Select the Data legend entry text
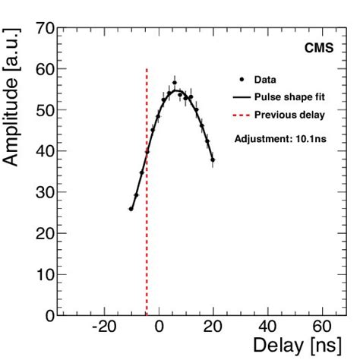point(266,79)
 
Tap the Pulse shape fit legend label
point(289,97)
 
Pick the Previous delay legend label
point(289,115)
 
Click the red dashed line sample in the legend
point(242,115)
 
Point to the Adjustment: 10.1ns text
point(280,140)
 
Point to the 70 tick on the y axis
point(44,29)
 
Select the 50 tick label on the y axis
point(44,111)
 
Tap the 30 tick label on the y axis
point(44,193)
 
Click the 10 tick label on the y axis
point(44,274)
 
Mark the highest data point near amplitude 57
point(174,82)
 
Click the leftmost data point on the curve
point(131,209)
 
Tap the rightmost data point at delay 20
point(213,159)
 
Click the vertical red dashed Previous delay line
point(146,228)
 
